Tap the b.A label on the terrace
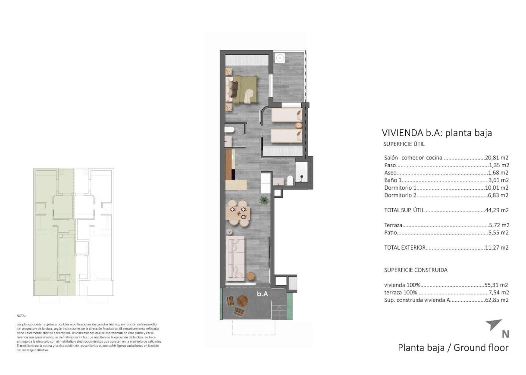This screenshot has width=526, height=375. [263, 294]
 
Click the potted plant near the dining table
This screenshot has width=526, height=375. [264, 200]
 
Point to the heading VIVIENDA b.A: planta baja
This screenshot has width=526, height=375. [437, 133]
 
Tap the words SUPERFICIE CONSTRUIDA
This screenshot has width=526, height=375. [416, 270]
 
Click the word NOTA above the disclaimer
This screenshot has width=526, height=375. [21, 316]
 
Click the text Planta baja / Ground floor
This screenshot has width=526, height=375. [453, 347]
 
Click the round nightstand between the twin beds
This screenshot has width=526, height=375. [298, 125]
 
